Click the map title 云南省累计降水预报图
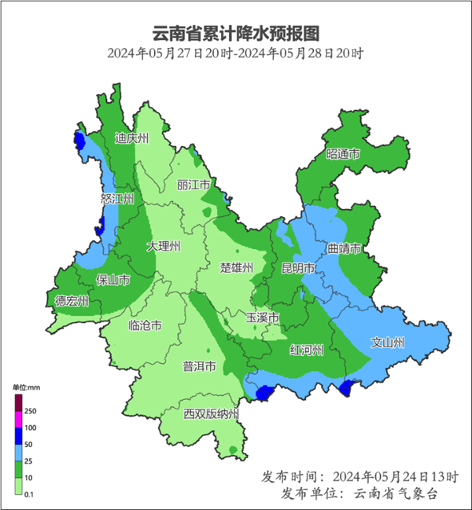pyautogui.click(x=236, y=34)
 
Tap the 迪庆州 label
pyautogui.click(x=131, y=138)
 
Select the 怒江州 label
pyautogui.click(x=117, y=199)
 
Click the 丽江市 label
pyautogui.click(x=194, y=185)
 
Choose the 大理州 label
pyautogui.click(x=164, y=246)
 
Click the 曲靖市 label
pyautogui.click(x=344, y=248)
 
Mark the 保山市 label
pyautogui.click(x=113, y=280)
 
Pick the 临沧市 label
pyautogui.click(x=145, y=325)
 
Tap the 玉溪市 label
pyautogui.click(x=263, y=317)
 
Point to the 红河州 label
pyautogui.click(x=307, y=350)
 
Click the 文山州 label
pyautogui.click(x=388, y=343)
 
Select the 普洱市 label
pyautogui.click(x=200, y=366)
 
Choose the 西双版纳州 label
pyautogui.click(x=211, y=414)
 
